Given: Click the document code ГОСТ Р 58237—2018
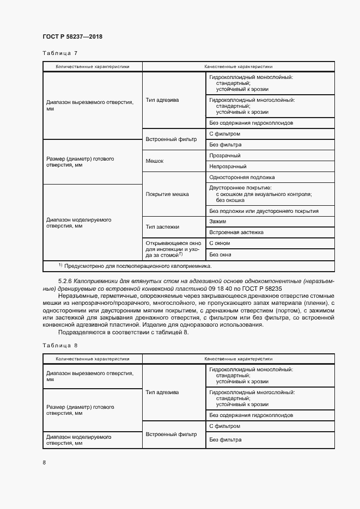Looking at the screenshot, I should point(72,36).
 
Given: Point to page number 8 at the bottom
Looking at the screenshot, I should point(44,462).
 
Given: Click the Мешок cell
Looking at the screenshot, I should point(155,161).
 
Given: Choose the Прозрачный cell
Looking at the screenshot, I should point(225,156).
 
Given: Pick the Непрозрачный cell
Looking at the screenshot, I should point(228,167).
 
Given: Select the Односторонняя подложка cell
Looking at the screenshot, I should point(242,177).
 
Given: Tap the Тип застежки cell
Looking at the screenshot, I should point(162,226).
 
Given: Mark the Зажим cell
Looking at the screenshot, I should point(217,222).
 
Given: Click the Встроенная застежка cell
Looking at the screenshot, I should point(236,232).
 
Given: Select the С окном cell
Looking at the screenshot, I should point(219,243).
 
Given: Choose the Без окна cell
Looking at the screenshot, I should point(220,254).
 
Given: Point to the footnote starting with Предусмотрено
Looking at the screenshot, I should point(137,266).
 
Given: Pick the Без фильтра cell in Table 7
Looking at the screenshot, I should point(225,145).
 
